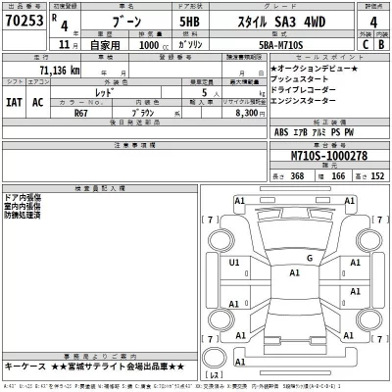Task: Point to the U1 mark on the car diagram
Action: [234, 264]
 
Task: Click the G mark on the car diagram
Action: [309, 258]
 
